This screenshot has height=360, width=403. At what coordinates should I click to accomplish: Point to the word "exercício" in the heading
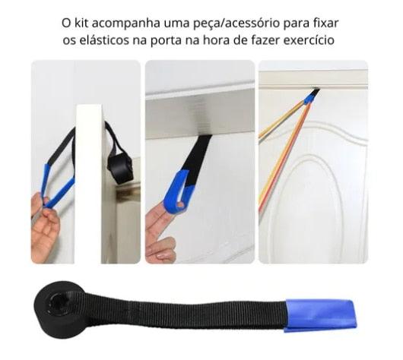307,39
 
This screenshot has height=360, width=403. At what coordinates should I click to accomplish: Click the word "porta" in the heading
173,39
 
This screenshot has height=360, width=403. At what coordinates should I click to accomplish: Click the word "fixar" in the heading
323,22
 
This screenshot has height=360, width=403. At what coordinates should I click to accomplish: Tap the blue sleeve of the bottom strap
320,314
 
